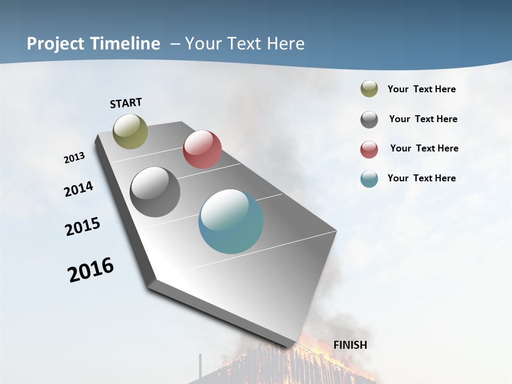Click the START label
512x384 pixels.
(x=126, y=103)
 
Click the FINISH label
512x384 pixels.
(x=350, y=345)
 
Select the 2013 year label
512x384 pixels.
(x=74, y=158)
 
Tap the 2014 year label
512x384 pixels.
(x=79, y=189)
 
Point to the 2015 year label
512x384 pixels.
(x=83, y=227)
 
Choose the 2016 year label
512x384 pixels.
(x=91, y=270)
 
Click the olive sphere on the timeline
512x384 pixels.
(x=131, y=131)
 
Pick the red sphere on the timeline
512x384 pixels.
(x=202, y=149)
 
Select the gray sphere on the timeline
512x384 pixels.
(x=155, y=192)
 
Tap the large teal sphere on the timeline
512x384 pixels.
(x=231, y=221)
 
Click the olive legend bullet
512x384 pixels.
(x=369, y=89)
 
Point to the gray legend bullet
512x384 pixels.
(x=369, y=119)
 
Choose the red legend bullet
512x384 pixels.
(x=369, y=149)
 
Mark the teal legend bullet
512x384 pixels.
(x=369, y=179)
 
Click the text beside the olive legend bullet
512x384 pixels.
(x=421, y=89)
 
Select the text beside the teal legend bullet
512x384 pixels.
(x=421, y=178)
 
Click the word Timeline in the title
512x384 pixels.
(x=126, y=44)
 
